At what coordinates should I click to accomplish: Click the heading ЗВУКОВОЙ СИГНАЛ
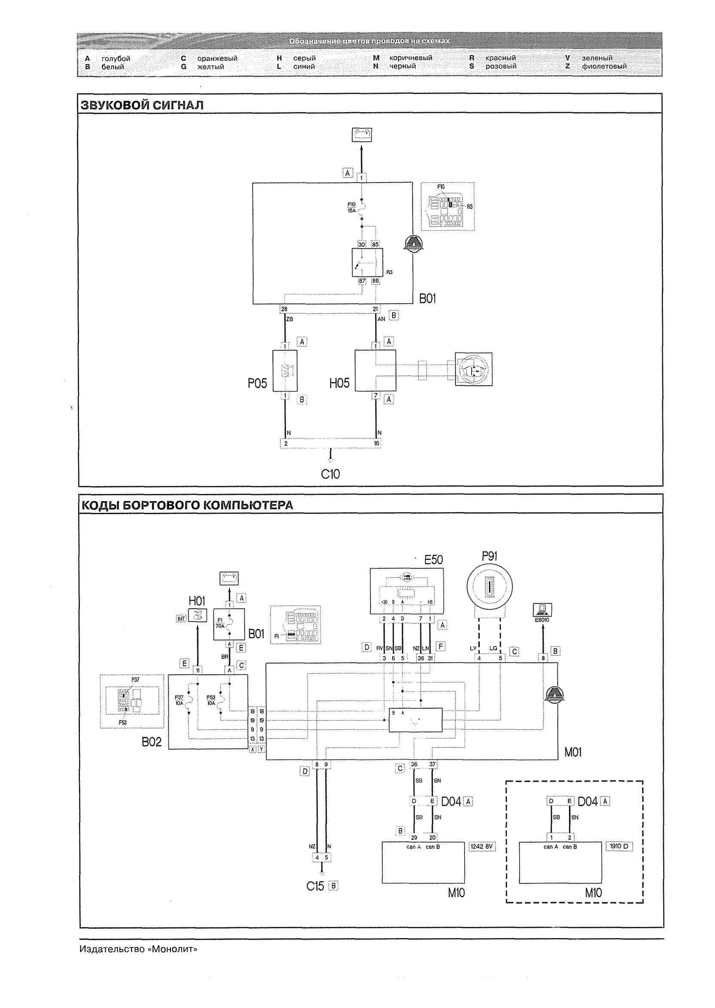[x=142, y=106]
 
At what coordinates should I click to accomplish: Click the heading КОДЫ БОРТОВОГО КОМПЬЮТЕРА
[x=187, y=505]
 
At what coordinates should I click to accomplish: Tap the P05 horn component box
[x=285, y=371]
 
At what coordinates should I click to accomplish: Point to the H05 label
[x=339, y=384]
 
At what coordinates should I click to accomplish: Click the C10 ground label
[x=330, y=474]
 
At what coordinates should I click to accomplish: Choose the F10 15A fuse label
[x=351, y=207]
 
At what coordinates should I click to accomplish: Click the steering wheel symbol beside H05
[x=473, y=369]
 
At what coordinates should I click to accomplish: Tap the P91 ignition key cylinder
[x=489, y=588]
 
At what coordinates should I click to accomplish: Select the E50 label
[x=433, y=560]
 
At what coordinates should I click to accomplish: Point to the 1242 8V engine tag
[x=483, y=847]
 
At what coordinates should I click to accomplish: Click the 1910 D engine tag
[x=619, y=847]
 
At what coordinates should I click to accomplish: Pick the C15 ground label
[x=315, y=886]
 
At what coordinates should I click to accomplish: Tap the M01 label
[x=573, y=752]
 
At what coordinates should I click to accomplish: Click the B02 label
[x=152, y=742]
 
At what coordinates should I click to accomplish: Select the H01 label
[x=197, y=601]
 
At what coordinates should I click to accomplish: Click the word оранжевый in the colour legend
[x=217, y=58]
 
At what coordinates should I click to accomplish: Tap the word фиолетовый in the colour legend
[x=604, y=67]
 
